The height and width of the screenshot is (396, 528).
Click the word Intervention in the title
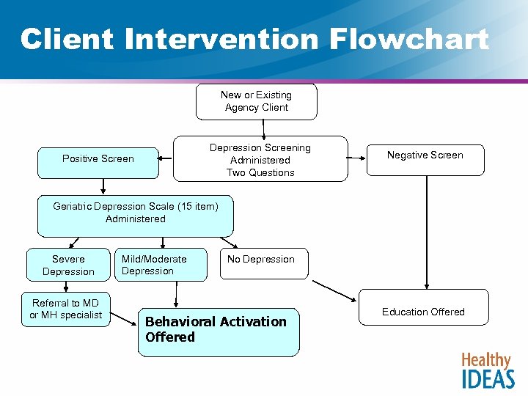click(223, 39)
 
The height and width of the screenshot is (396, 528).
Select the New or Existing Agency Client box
click(256, 101)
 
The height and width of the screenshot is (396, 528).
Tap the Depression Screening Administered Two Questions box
click(260, 159)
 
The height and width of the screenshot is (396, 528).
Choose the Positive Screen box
click(98, 159)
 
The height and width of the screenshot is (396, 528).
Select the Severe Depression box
click(68, 265)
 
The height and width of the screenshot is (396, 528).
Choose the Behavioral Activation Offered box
click(219, 331)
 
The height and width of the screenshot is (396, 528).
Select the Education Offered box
click(423, 312)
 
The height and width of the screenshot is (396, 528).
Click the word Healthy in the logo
click(485, 360)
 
